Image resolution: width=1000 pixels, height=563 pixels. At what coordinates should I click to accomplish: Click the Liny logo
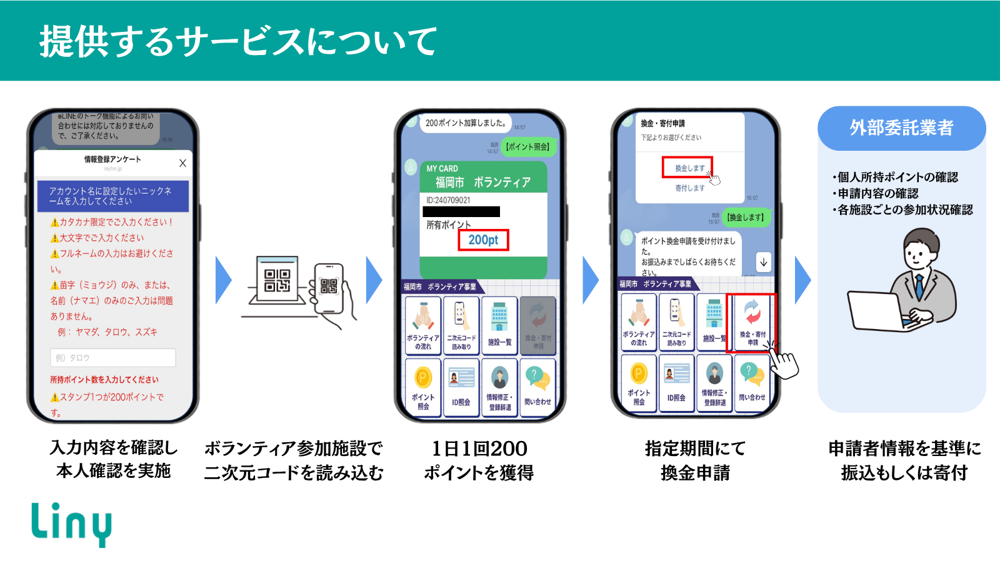coord(71,524)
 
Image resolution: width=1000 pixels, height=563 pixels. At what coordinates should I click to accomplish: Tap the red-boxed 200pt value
coord(483,240)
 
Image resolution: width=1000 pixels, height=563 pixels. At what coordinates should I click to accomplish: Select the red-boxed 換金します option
coord(687,168)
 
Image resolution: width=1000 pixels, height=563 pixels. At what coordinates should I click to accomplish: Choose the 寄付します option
coord(689,188)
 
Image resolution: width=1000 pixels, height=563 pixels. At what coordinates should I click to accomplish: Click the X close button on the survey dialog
coord(182,163)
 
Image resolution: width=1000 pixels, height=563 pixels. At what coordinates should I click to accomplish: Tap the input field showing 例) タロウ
coord(112,358)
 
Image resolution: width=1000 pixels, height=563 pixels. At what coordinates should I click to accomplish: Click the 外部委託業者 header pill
coord(901,128)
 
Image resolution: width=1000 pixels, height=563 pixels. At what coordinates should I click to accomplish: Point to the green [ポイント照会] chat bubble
coord(528,146)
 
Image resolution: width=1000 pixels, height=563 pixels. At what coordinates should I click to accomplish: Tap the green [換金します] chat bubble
coord(745,217)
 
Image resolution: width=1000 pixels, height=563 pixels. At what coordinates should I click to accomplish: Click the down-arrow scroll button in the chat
coord(763,261)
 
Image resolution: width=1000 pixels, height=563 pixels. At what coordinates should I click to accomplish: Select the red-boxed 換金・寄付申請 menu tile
coord(752,323)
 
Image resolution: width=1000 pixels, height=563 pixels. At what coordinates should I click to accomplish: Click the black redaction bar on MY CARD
coord(461,211)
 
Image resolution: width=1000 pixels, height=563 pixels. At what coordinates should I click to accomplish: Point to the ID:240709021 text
coord(448,200)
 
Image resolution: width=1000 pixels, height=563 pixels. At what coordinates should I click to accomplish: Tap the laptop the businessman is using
coord(875,310)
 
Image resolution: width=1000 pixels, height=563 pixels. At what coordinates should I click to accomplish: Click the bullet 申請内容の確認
coord(877,193)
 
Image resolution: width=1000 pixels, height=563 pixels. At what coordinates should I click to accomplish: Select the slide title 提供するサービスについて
coord(238,42)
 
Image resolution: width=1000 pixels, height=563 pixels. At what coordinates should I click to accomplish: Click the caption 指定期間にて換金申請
coord(695,460)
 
